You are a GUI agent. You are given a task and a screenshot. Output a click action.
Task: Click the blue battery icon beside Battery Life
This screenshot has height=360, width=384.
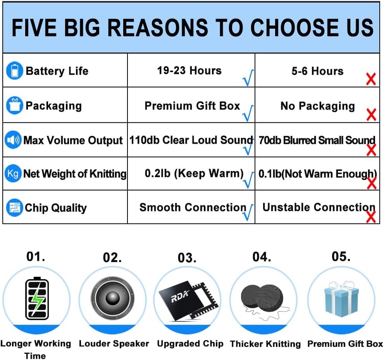pos(14,70)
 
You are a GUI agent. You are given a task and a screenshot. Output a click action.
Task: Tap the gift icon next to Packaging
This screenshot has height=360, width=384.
pos(14,105)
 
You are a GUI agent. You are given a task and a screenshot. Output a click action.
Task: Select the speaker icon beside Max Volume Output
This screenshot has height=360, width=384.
pos(13,140)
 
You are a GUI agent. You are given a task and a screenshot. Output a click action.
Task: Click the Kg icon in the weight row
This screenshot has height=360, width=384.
pos(13,173)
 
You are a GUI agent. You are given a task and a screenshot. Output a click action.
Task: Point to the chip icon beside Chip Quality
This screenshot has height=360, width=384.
pos(14,207)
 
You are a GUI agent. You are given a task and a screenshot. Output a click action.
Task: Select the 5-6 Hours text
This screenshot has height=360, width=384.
pos(317,71)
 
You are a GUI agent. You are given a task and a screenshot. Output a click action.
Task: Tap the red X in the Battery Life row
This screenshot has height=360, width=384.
pos(371,79)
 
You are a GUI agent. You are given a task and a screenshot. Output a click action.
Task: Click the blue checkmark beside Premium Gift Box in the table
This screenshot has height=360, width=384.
pos(248,113)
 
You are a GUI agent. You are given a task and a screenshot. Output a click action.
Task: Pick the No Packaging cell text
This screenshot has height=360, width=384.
pos(318,106)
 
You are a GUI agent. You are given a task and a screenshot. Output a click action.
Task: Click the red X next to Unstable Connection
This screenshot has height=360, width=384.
pos(371,217)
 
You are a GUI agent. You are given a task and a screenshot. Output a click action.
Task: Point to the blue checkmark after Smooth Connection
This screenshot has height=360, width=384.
pos(248,212)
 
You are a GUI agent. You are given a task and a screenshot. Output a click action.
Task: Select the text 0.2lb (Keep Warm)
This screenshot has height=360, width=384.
pos(194,173)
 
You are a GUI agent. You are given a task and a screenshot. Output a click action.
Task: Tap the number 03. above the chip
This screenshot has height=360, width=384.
pos(187,258)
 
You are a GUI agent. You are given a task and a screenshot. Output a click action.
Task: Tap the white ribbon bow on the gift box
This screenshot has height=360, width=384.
pos(341,285)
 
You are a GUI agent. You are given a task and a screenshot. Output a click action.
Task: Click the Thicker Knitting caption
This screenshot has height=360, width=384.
pos(265,344)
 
